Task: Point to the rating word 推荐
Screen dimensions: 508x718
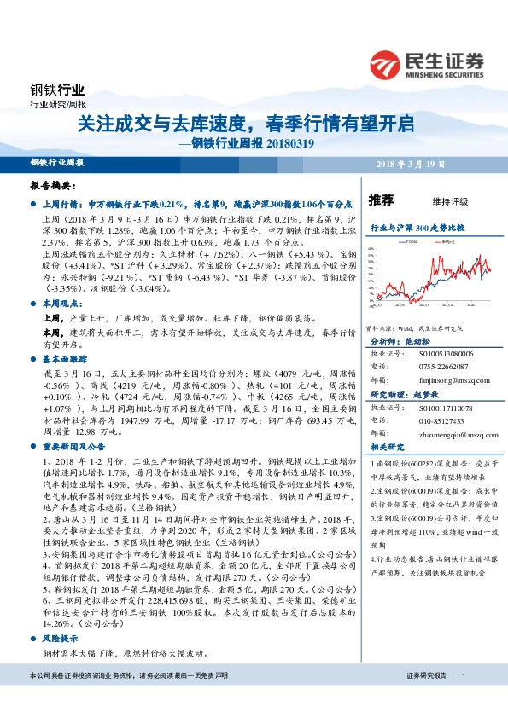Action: (x=381, y=201)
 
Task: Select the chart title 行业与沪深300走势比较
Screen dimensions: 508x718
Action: (x=416, y=229)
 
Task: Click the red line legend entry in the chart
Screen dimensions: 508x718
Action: (x=449, y=243)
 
